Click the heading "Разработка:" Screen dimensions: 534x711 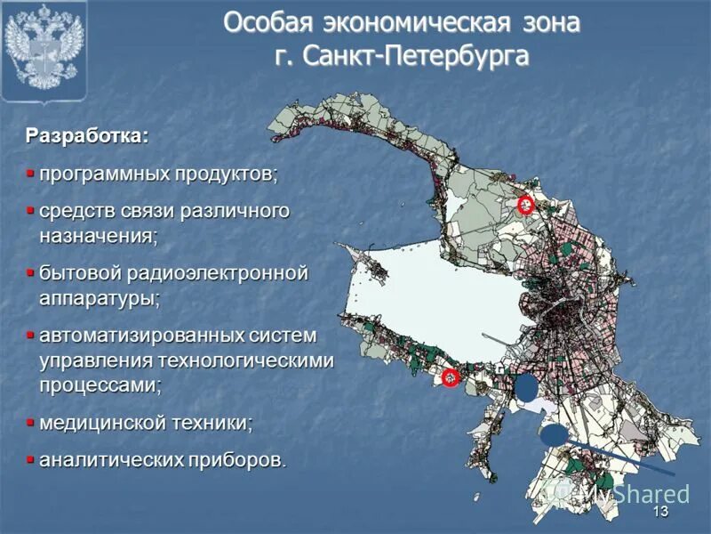[87, 137]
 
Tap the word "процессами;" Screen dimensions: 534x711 [100, 385]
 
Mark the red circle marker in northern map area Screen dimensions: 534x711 [525, 206]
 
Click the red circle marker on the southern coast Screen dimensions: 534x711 [451, 378]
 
